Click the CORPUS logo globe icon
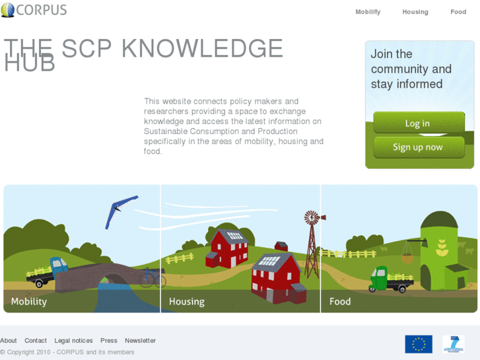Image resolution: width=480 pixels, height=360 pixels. click(x=8, y=10)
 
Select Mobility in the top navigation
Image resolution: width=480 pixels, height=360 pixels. click(x=368, y=12)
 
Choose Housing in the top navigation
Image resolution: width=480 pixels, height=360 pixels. click(x=415, y=12)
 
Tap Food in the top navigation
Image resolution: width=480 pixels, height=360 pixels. click(x=458, y=12)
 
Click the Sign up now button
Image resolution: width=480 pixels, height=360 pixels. click(x=419, y=147)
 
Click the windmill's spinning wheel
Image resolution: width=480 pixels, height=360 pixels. click(x=312, y=218)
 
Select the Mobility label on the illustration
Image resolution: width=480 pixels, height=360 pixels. click(x=29, y=301)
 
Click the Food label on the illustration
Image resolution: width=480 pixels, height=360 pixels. click(x=340, y=301)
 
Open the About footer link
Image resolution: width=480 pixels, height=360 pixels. click(x=9, y=341)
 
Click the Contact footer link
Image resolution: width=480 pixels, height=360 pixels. click(x=36, y=341)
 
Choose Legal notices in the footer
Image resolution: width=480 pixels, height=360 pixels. click(x=73, y=341)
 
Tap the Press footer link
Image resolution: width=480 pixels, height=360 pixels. click(x=109, y=341)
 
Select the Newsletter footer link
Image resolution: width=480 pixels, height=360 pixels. click(x=140, y=341)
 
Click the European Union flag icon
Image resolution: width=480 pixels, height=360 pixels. click(x=419, y=344)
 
